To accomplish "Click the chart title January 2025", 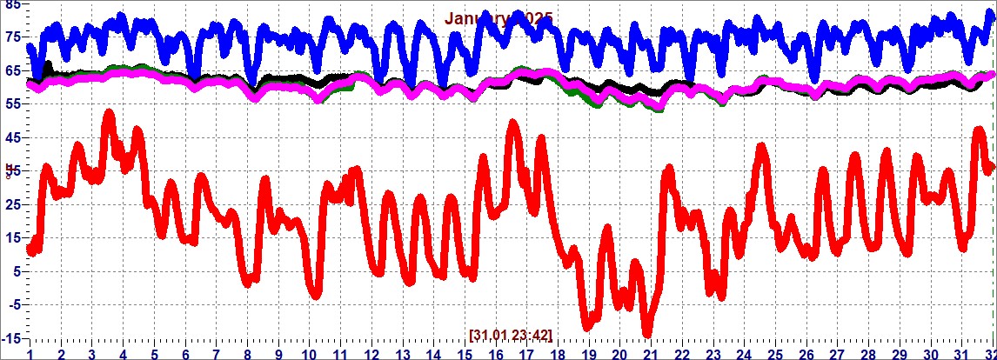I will tap(498, 17).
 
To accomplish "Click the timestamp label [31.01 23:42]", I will tap(510, 334).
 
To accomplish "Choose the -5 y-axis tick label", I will tap(10, 303).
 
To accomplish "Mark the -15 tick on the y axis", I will tap(10, 337).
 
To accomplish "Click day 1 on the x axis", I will tap(30, 354).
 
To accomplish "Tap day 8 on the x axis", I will tap(248, 354).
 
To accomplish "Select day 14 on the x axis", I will tap(433, 354).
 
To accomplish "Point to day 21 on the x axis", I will tap(651, 354).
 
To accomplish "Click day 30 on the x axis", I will tap(930, 354).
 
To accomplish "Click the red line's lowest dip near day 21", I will tap(646, 333).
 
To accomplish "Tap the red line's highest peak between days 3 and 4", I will tap(108, 113).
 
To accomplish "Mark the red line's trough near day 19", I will tap(588, 325).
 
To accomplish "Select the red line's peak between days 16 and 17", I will tap(512, 123).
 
